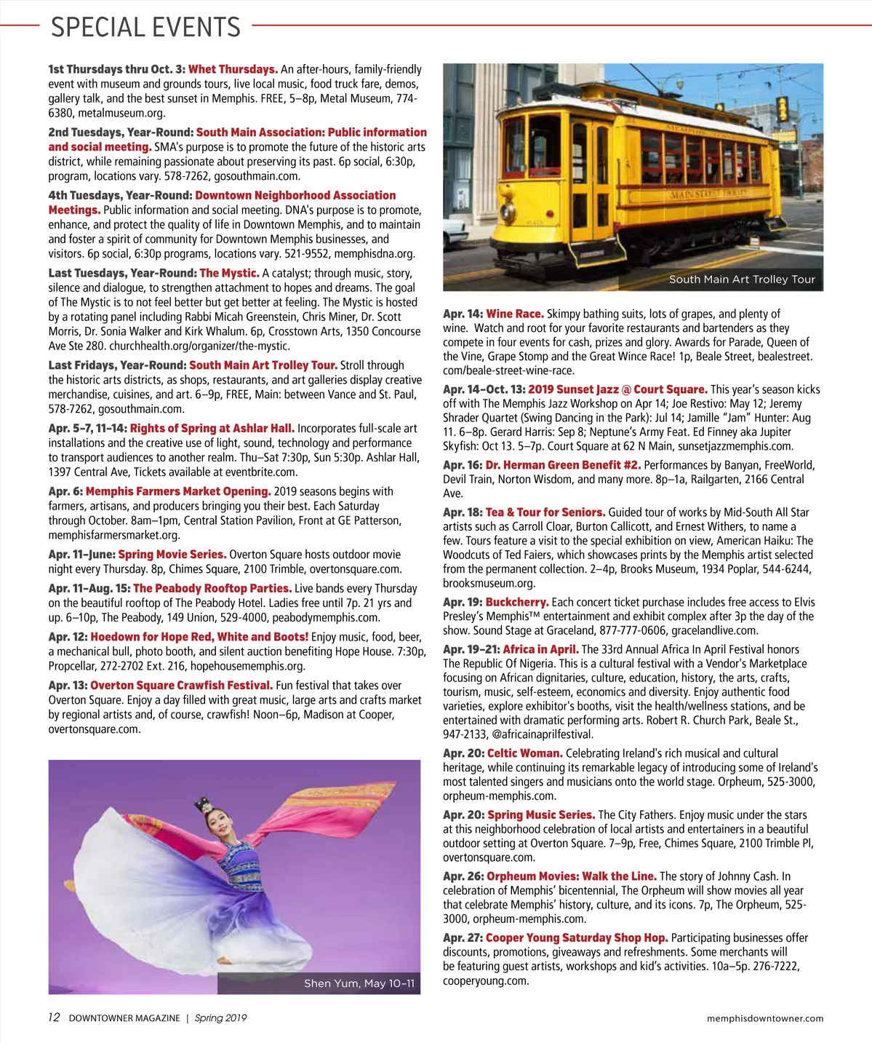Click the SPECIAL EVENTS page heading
[145, 28]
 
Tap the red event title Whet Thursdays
[233, 69]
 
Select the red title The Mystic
[229, 273]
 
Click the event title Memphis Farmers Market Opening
[178, 491]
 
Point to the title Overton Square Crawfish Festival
[182, 685]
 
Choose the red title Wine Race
[515, 314]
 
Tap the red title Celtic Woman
[524, 753]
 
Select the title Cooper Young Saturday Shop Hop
[577, 938]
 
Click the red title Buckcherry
[517, 602]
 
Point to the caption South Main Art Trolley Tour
[742, 279]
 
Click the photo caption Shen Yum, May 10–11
[359, 983]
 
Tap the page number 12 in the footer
[54, 1018]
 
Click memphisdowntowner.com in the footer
[765, 1018]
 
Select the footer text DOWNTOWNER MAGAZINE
[124, 1018]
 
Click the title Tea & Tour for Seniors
[545, 512]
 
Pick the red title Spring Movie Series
[172, 555]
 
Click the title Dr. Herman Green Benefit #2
[563, 465]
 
